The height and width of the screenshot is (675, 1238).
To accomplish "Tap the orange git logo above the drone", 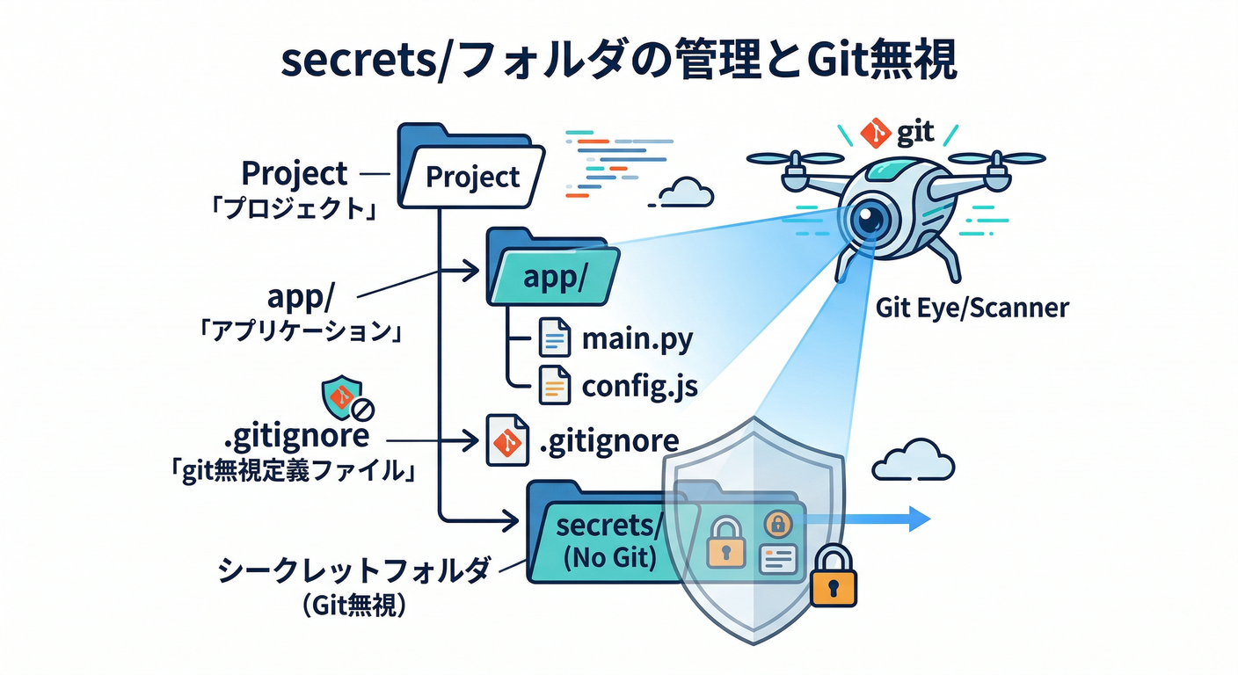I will click(x=875, y=134).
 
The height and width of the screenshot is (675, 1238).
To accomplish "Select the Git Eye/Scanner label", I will click(x=972, y=308).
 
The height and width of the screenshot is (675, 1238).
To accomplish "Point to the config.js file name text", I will click(x=640, y=387).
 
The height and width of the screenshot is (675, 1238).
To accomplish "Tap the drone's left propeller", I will click(x=795, y=158).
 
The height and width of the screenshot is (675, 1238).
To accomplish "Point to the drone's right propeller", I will click(x=998, y=158).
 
